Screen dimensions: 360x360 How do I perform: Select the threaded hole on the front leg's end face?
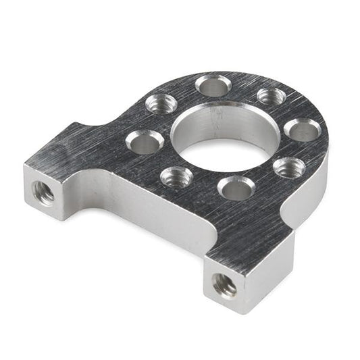(225, 285)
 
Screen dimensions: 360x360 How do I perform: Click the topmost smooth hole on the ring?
(213, 86)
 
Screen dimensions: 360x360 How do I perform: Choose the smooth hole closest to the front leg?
(236, 188)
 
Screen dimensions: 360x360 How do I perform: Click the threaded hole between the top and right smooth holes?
(272, 96)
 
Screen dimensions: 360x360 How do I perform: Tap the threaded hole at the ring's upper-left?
(162, 104)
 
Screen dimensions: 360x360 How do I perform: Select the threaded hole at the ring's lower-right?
(288, 167)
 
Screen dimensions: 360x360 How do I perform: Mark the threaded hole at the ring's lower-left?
(177, 177)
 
